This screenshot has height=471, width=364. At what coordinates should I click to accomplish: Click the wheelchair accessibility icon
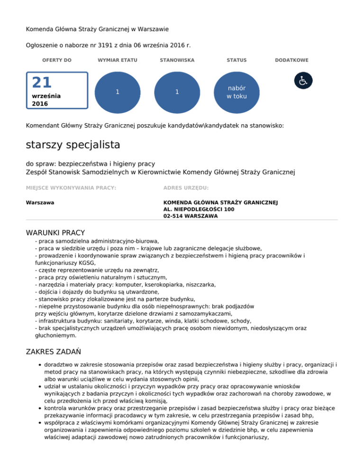pyautogui.click(x=302, y=81)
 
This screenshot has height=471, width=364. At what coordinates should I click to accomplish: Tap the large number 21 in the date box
pyautogui.click(x=42, y=83)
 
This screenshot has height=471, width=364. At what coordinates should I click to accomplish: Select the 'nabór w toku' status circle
pyautogui.click(x=237, y=92)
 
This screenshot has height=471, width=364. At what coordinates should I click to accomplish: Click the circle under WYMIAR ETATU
pyautogui.click(x=117, y=92)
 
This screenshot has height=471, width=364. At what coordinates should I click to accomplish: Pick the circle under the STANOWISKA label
pyautogui.click(x=176, y=92)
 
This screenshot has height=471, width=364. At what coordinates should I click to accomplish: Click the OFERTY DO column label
pyautogui.click(x=57, y=60)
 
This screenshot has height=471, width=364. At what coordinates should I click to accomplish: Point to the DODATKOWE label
pyautogui.click(x=291, y=60)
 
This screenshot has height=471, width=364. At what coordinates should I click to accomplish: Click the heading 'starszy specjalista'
pyautogui.click(x=73, y=144)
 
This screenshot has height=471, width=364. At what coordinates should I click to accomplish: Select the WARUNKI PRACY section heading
pyautogui.click(x=55, y=233)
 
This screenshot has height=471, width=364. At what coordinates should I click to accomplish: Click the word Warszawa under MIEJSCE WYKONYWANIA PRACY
pyautogui.click(x=40, y=202)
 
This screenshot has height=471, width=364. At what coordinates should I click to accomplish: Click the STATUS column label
pyautogui.click(x=237, y=60)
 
